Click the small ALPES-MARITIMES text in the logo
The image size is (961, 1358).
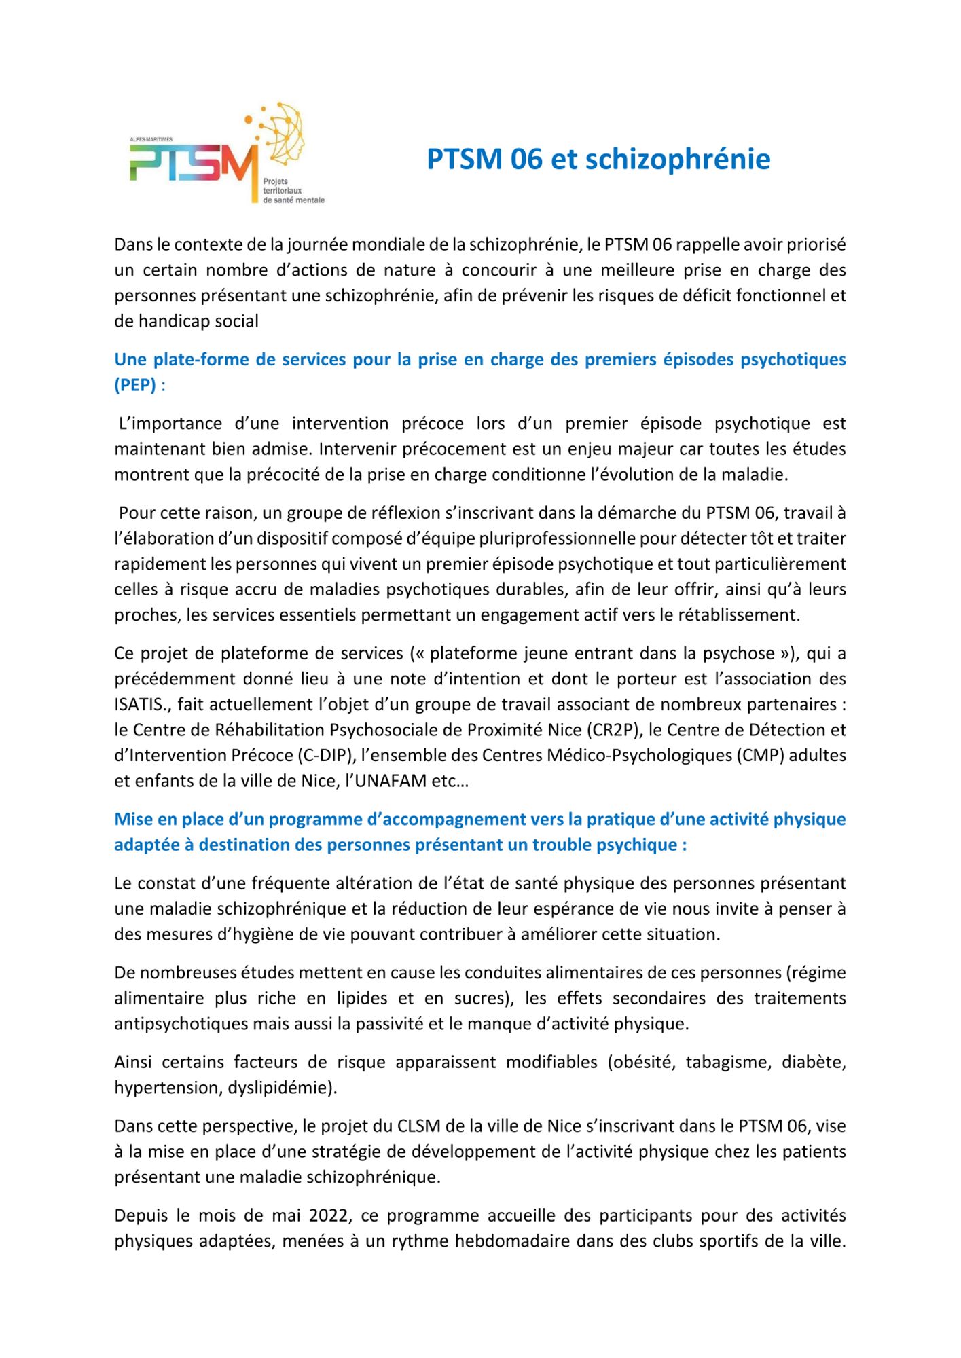pyautogui.click(x=151, y=139)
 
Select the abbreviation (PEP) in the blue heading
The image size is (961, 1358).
pyautogui.click(x=135, y=385)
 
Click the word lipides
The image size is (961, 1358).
pyautogui.click(x=367, y=998)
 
